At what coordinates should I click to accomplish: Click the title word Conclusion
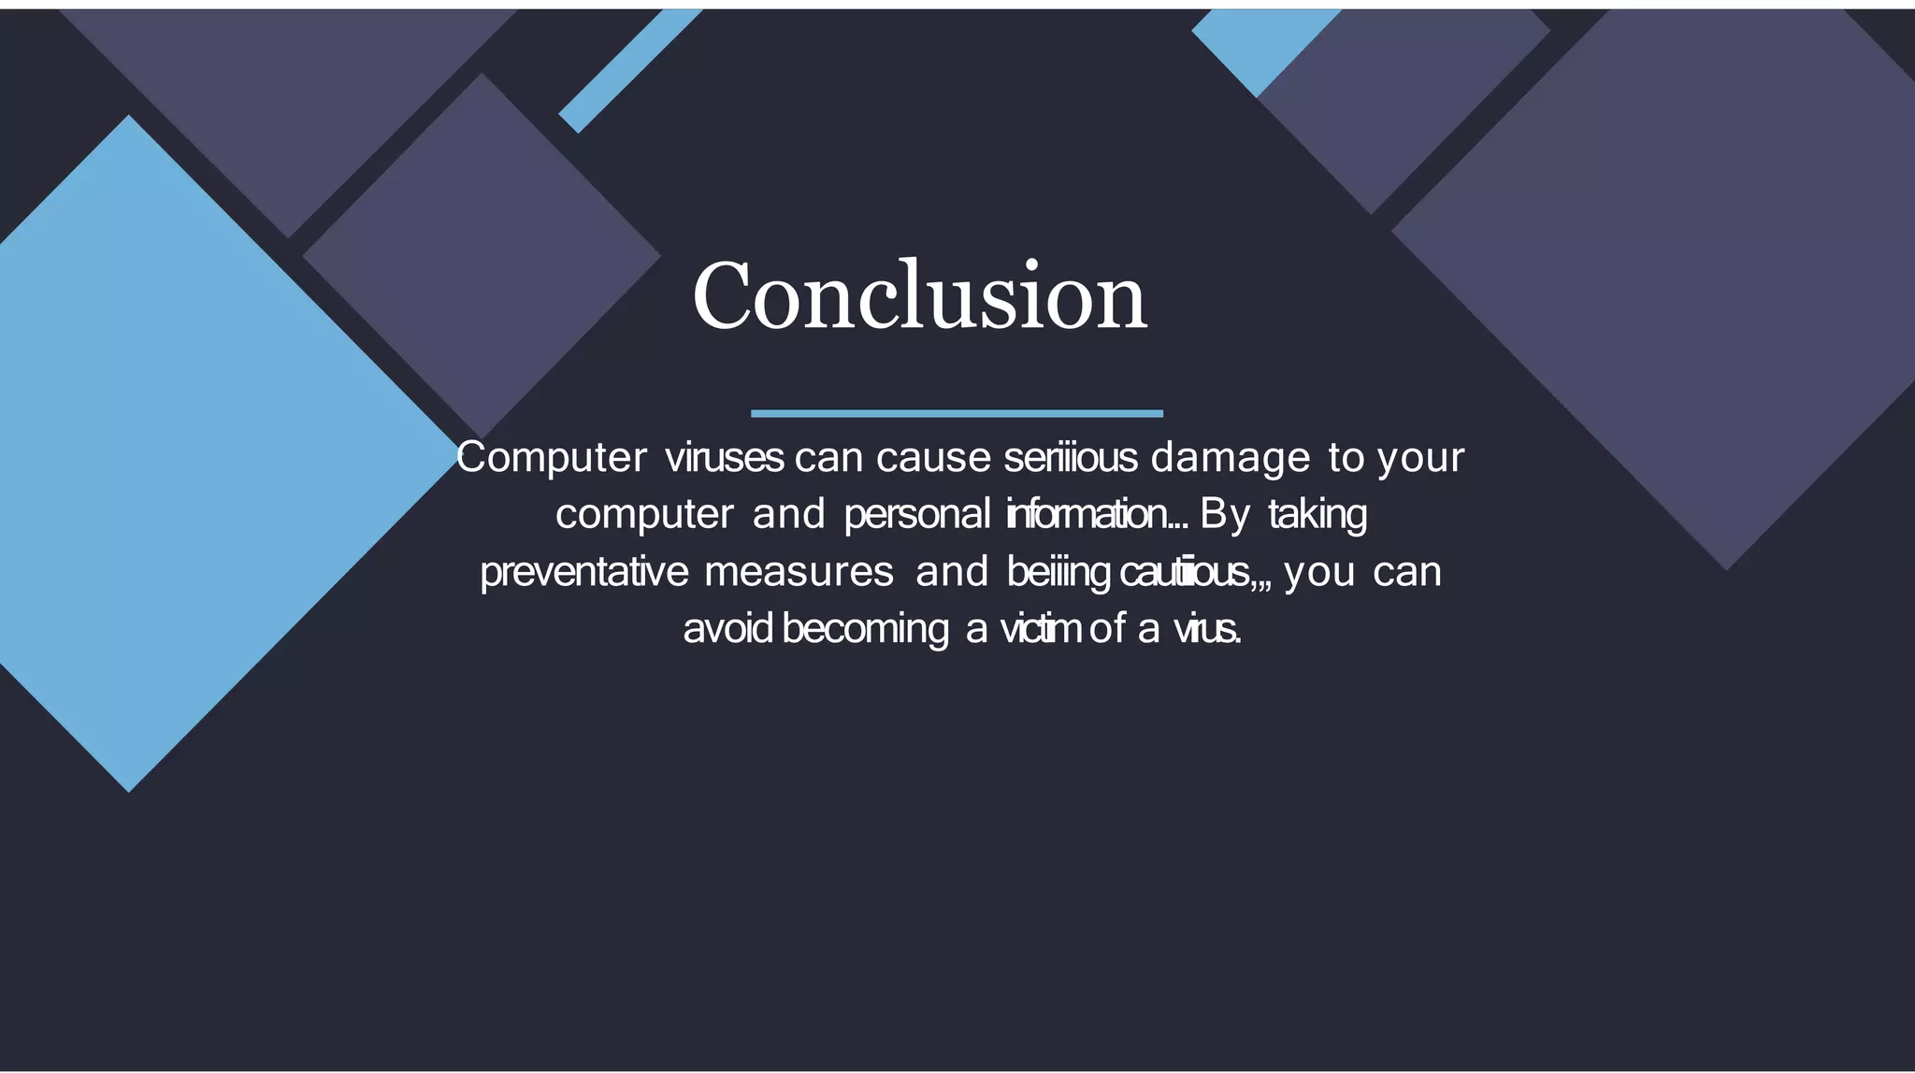click(919, 296)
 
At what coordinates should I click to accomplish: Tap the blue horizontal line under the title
click(957, 413)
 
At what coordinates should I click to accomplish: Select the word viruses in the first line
click(724, 458)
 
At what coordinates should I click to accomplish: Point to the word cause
click(933, 458)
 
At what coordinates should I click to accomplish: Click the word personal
click(916, 514)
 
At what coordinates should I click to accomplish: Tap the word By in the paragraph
click(1225, 514)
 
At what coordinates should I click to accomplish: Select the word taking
click(1317, 514)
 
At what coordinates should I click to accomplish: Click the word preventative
click(584, 572)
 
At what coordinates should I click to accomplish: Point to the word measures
click(799, 572)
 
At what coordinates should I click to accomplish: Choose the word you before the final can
click(1319, 572)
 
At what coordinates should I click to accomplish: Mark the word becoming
click(865, 628)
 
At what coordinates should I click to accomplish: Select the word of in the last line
click(1107, 628)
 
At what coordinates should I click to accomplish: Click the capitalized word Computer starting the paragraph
click(552, 458)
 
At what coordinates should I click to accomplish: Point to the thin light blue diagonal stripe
click(628, 70)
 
